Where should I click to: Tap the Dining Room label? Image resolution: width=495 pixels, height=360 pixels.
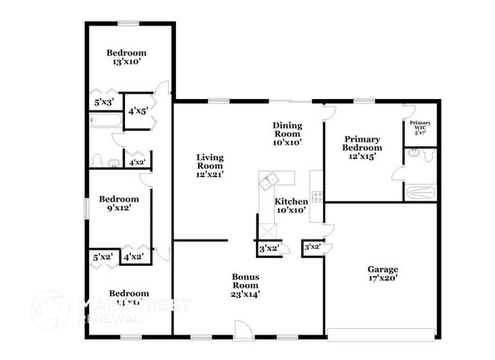click(x=288, y=133)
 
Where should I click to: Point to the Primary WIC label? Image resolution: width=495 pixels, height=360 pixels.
click(x=420, y=126)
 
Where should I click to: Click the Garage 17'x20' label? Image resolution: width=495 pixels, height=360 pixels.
click(x=382, y=274)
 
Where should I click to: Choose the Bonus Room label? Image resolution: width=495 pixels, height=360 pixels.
click(x=249, y=285)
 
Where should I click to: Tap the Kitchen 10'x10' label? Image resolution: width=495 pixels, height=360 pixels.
click(x=290, y=205)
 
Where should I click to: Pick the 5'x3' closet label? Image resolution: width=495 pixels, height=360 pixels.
click(x=104, y=102)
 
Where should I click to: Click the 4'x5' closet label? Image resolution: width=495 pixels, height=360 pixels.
click(x=138, y=111)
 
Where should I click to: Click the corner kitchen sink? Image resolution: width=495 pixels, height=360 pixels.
click(x=269, y=181)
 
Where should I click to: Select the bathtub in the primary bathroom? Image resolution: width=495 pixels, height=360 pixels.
click(x=419, y=192)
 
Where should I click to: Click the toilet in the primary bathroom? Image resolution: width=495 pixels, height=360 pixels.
click(x=429, y=155)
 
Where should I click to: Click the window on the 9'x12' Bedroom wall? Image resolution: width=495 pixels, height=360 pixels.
click(x=86, y=207)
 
